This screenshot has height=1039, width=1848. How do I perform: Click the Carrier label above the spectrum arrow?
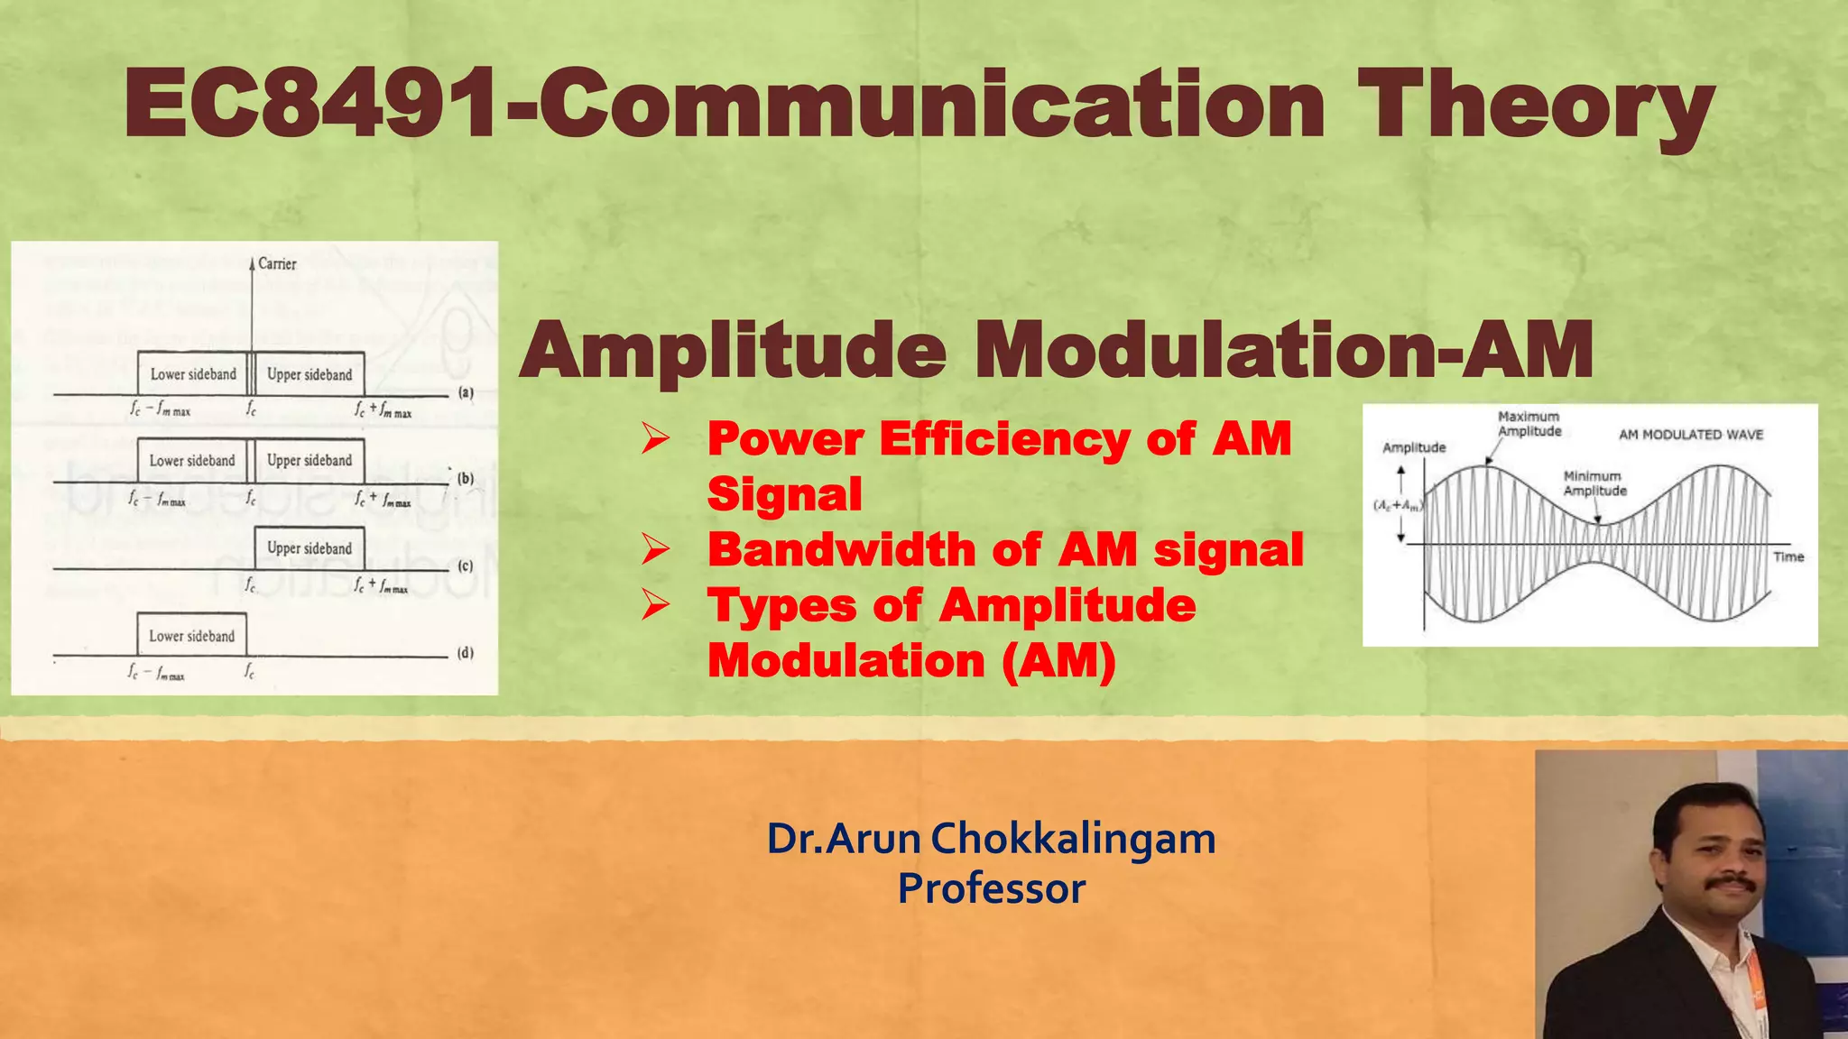[277, 263]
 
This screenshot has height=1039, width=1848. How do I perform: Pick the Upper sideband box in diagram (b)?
[310, 460]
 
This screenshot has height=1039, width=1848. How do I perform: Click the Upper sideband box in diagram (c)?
[310, 547]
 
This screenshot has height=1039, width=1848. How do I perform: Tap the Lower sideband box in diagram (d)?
[191, 636]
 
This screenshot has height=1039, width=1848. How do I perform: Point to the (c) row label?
[466, 566]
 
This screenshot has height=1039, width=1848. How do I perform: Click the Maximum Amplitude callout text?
[1529, 424]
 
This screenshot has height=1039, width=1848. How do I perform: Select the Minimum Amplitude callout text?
[1594, 483]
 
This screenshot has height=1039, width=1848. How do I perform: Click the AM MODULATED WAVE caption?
[1691, 435]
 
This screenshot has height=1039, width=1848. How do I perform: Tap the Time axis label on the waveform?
[1788, 556]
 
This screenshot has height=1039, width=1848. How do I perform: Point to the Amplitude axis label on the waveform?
[1414, 447]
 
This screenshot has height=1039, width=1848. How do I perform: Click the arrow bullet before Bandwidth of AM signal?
[656, 549]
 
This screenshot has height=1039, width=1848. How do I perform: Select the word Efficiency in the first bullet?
[1003, 439]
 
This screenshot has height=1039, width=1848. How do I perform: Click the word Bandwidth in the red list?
[841, 549]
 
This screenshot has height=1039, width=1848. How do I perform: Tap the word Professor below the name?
[991, 888]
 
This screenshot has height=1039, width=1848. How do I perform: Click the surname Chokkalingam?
[1073, 839]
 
